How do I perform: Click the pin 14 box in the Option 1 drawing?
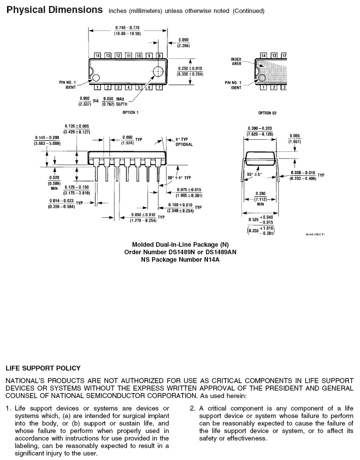pyautogui.click(x=97, y=55)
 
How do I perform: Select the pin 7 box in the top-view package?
pyautogui.click(x=159, y=88)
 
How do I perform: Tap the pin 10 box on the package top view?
pyautogui.click(x=139, y=55)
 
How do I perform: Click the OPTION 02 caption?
pyautogui.click(x=267, y=113)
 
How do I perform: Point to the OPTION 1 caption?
pyautogui.click(x=130, y=112)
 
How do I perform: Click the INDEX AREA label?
pyautogui.click(x=236, y=61)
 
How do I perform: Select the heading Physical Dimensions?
pyautogui.click(x=54, y=10)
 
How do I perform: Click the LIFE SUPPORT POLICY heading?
pyautogui.click(x=43, y=368)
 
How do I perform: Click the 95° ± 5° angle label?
pyautogui.click(x=254, y=174)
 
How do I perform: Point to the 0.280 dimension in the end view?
pyautogui.click(x=260, y=194)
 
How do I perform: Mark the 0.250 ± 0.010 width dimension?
pyautogui.click(x=190, y=71)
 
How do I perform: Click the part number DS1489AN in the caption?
pyautogui.click(x=220, y=252)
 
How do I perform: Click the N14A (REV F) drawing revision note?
pyautogui.click(x=315, y=234)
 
